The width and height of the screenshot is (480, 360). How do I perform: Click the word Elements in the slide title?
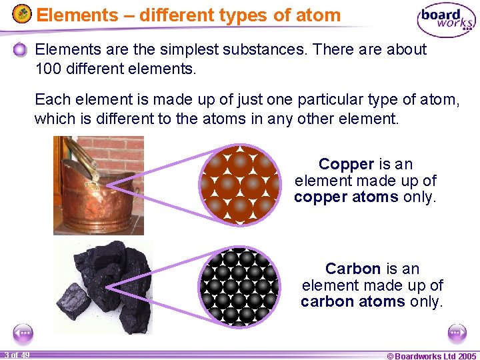(x=67, y=15)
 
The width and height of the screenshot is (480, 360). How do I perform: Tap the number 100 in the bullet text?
(x=47, y=68)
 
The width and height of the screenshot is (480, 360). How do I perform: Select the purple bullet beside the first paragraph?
(x=21, y=50)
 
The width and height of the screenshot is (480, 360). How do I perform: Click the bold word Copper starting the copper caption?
(x=346, y=164)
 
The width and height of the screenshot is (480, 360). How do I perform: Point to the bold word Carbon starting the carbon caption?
(x=353, y=269)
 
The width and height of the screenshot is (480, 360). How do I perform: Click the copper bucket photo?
(x=98, y=185)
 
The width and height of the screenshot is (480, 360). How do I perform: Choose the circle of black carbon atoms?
(x=239, y=287)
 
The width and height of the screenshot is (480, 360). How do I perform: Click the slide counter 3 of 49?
(x=16, y=355)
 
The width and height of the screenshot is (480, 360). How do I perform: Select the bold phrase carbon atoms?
(x=353, y=301)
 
